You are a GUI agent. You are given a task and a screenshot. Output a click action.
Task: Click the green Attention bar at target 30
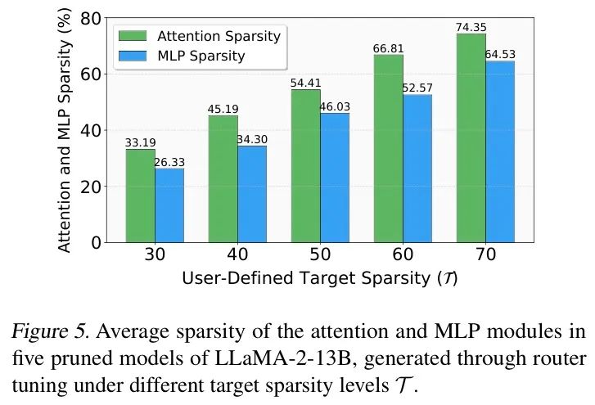(x=140, y=196)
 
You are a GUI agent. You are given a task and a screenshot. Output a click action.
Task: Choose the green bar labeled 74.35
(x=471, y=138)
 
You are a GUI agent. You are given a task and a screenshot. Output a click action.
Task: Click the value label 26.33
(x=169, y=162)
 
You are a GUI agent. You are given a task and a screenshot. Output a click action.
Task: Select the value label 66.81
(x=388, y=49)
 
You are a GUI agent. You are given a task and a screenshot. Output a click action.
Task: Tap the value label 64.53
(x=500, y=55)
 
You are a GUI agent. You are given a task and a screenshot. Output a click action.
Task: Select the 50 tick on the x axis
(x=320, y=254)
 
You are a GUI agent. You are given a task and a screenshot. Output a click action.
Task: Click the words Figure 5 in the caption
(x=46, y=332)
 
